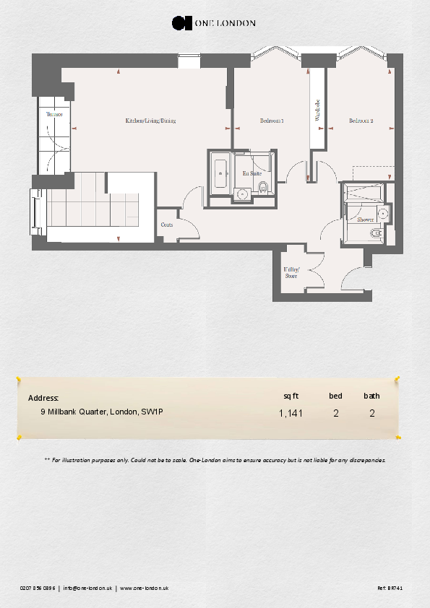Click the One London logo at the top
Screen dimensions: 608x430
(213, 23)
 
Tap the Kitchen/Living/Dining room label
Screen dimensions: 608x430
(150, 121)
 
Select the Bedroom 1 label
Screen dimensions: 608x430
(272, 121)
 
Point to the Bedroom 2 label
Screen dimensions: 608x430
(361, 121)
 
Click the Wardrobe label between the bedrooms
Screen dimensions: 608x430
(317, 109)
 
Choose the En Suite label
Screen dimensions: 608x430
(251, 174)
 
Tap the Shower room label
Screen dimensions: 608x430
(365, 220)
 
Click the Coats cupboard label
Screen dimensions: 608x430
(166, 225)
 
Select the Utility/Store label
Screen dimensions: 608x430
(291, 273)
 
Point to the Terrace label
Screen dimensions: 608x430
(54, 115)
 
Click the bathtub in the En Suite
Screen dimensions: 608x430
(220, 172)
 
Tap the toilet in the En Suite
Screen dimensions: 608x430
(263, 189)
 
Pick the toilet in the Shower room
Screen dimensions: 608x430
(376, 234)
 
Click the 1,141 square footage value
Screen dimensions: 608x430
(291, 414)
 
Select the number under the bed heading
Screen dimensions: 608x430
(336, 414)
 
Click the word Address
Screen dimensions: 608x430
(43, 398)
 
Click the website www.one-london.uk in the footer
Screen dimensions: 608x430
(145, 589)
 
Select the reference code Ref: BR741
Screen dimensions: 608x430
(390, 589)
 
